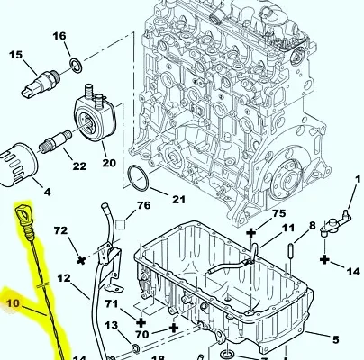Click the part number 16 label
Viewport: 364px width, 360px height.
[59, 36]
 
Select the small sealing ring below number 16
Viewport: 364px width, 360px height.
[76, 66]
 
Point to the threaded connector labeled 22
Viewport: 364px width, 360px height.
[55, 140]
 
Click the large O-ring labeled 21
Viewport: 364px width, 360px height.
[138, 177]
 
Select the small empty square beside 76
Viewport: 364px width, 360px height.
[121, 225]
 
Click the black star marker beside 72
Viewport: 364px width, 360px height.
[80, 260]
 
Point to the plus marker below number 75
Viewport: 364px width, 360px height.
[251, 232]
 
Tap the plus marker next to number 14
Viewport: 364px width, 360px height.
[325, 259]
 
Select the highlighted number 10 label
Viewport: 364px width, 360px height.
[13, 303]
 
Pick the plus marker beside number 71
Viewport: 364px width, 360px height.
[141, 322]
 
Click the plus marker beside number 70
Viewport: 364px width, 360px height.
[174, 328]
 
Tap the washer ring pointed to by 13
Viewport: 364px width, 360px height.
[136, 348]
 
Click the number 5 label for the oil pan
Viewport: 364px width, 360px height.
[336, 340]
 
